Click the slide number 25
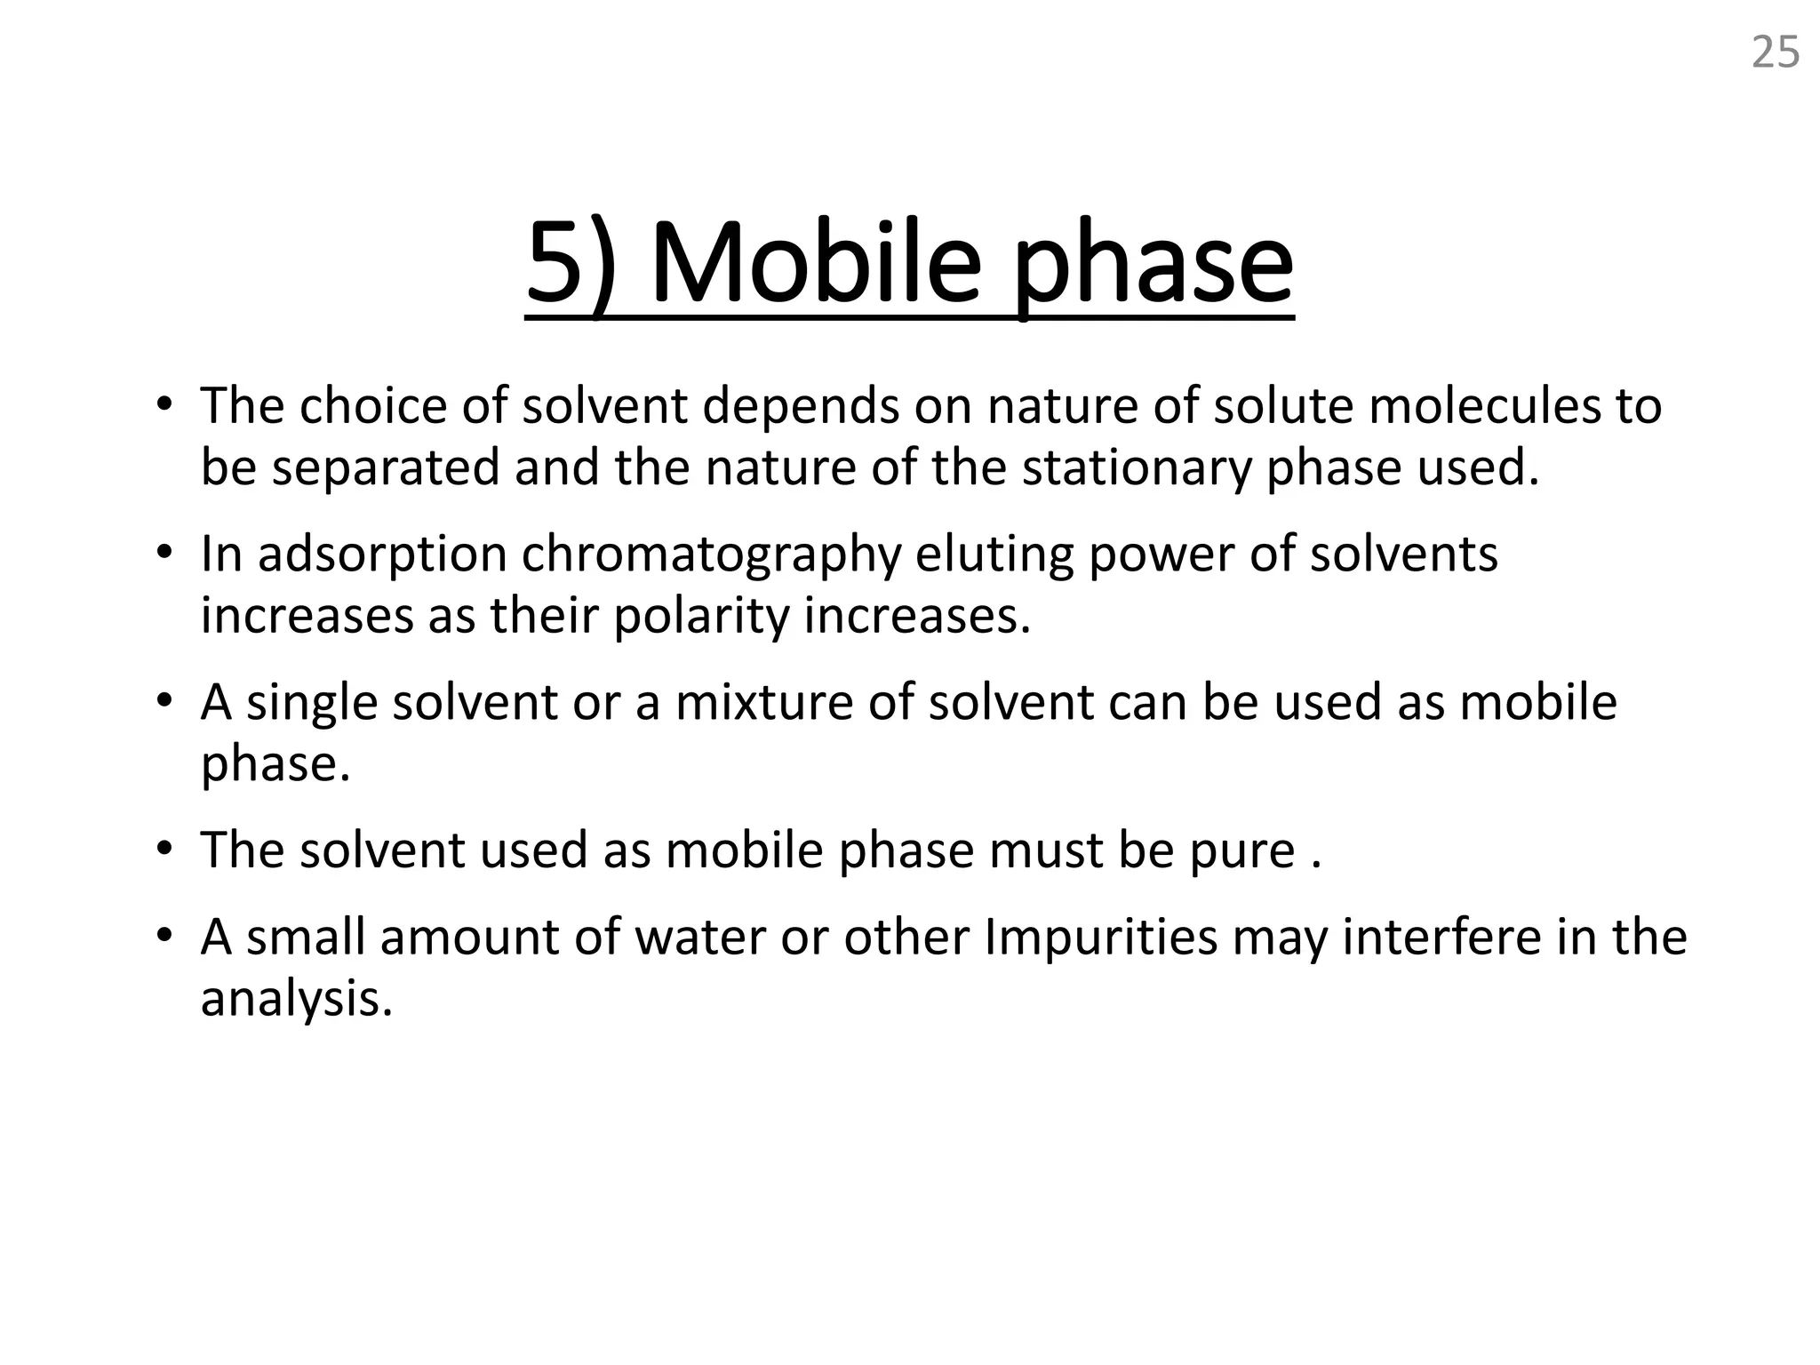coord(1775,52)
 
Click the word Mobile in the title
coord(816,264)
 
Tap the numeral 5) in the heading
coord(571,264)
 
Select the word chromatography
coord(711,555)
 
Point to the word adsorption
coord(382,555)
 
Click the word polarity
coord(701,616)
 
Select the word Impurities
coord(1100,938)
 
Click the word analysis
coord(296,999)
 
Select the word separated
coord(386,467)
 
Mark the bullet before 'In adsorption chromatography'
coord(164,553)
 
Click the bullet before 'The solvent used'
coord(164,849)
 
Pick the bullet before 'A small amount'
coord(164,936)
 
